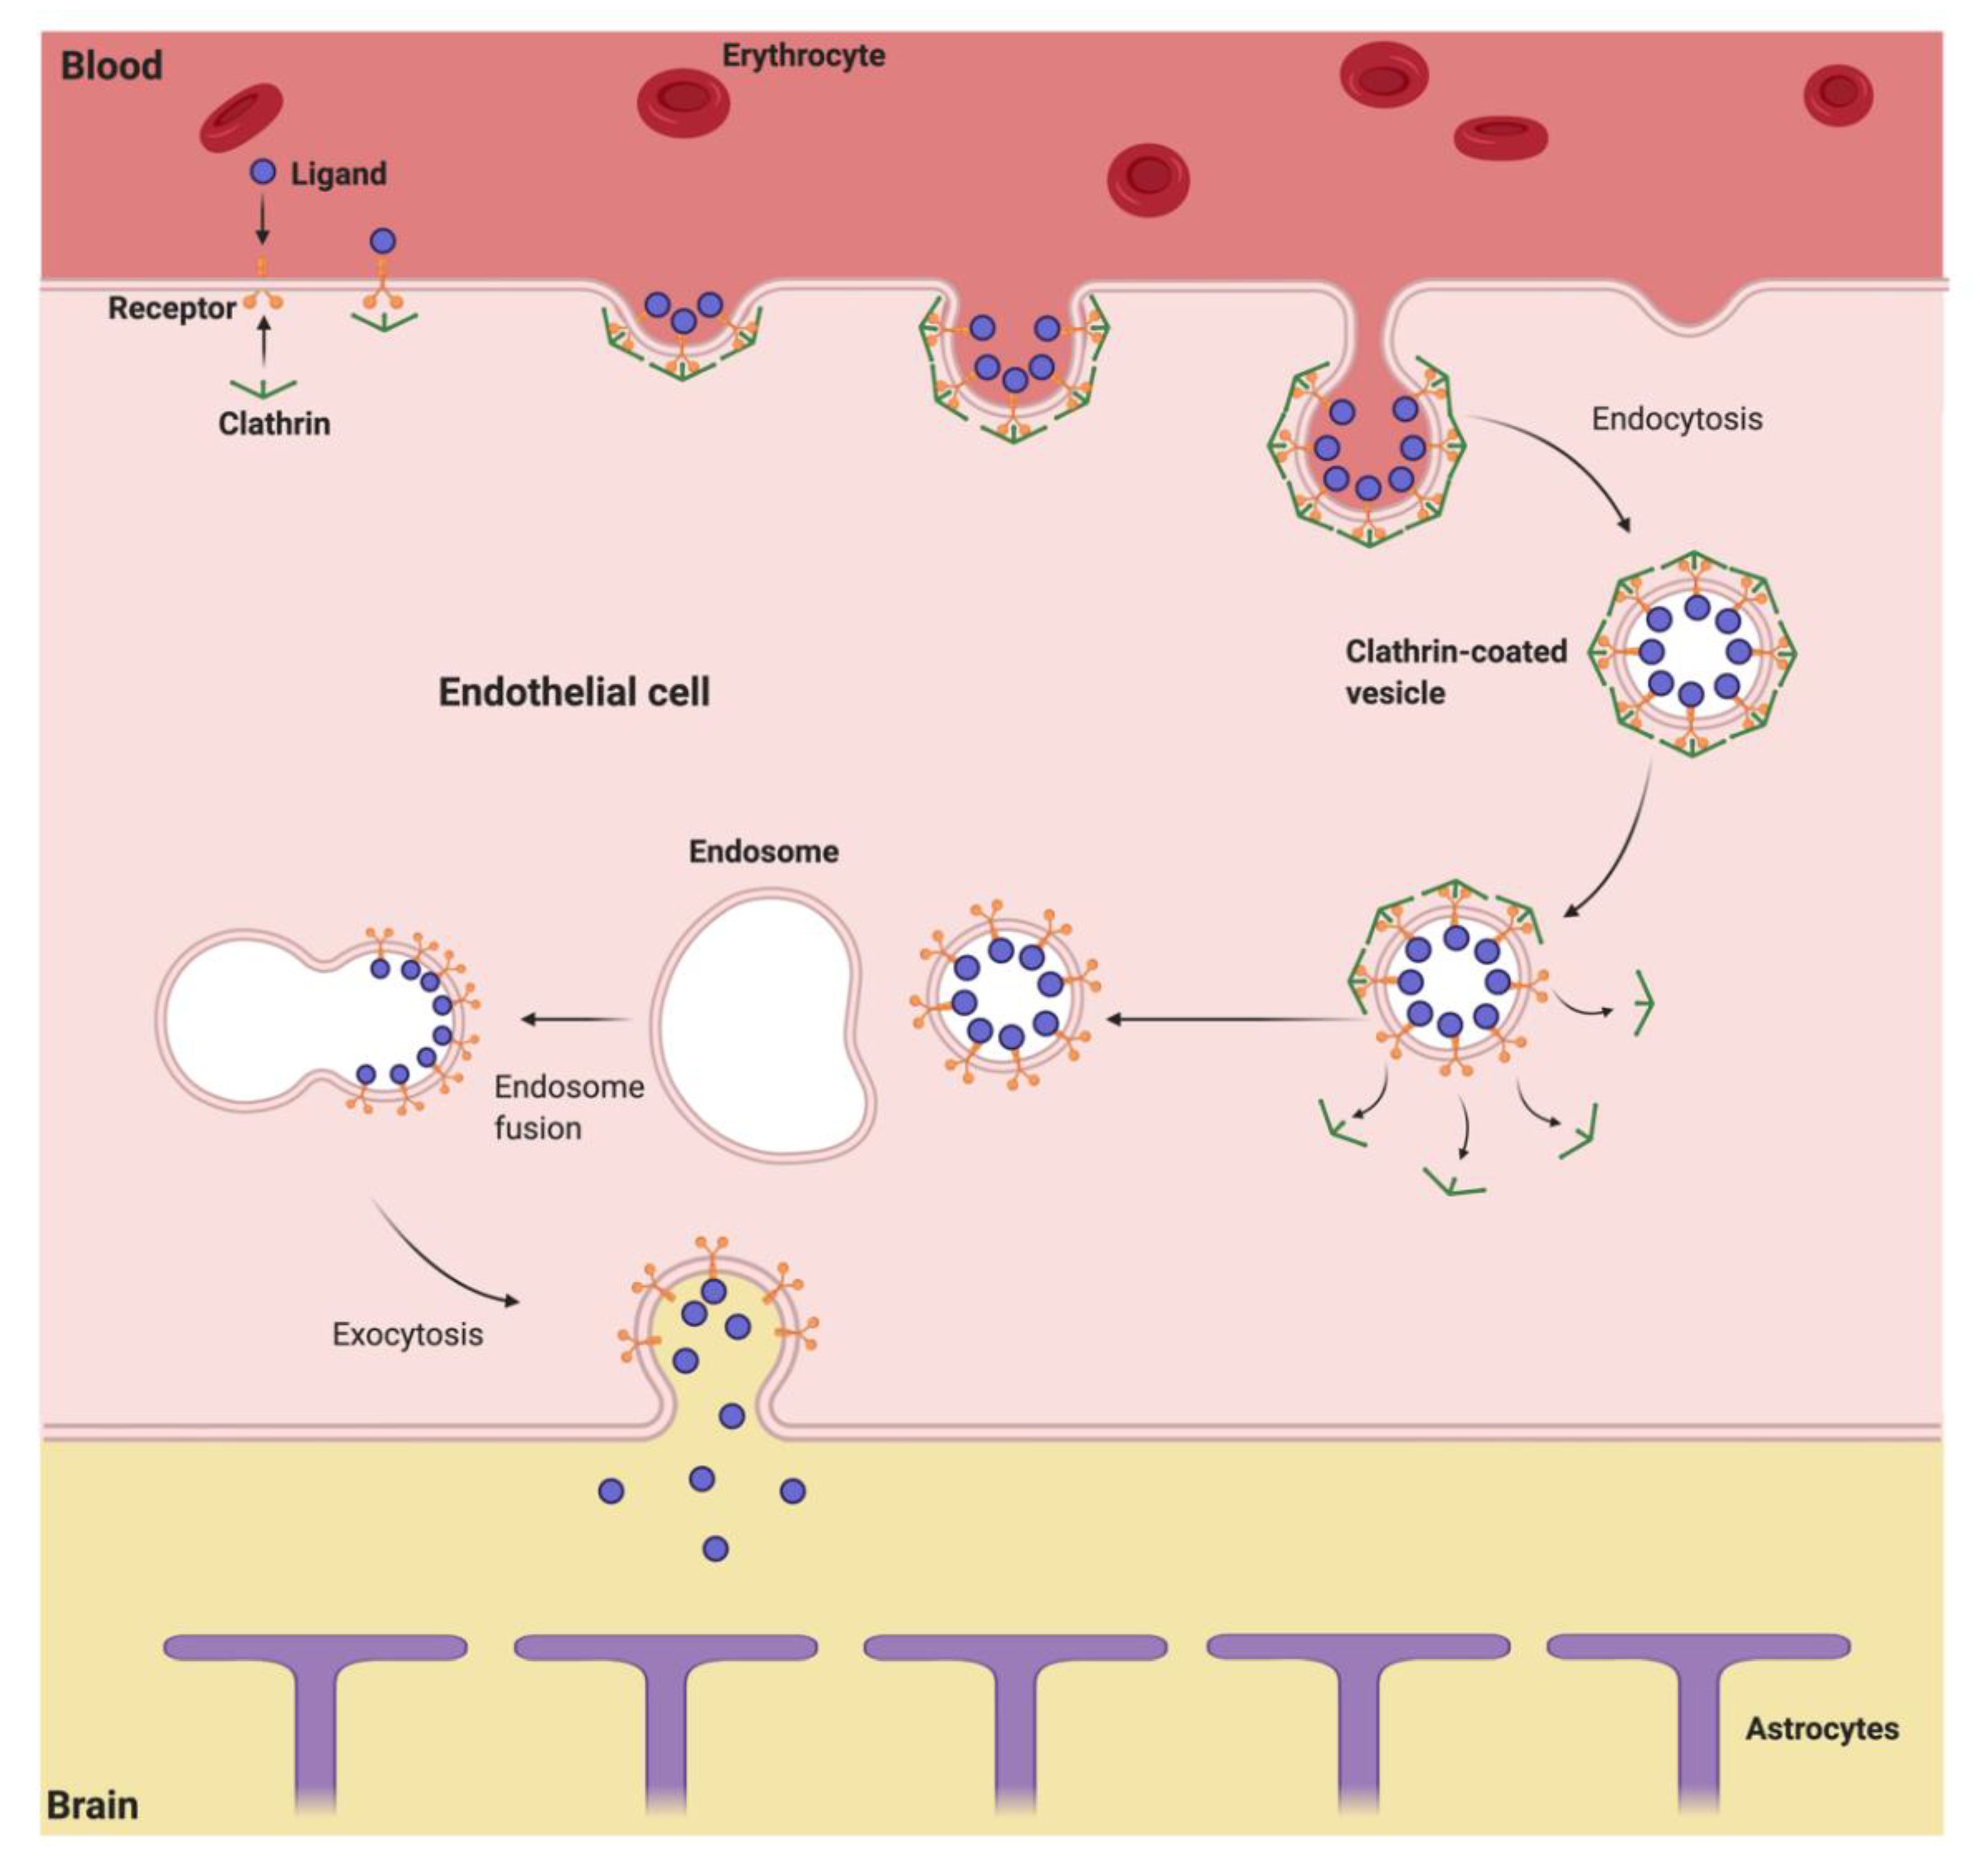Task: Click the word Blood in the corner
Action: (x=111, y=66)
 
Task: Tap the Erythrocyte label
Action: (x=803, y=55)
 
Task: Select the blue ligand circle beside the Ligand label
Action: (x=262, y=172)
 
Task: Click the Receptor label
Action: (x=172, y=308)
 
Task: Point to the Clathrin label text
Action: (x=274, y=423)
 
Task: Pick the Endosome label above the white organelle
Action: (x=763, y=851)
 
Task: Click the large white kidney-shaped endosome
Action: (x=762, y=1026)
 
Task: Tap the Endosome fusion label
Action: (x=568, y=1107)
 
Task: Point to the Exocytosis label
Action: (x=408, y=1334)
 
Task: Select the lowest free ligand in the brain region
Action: (x=715, y=1548)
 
